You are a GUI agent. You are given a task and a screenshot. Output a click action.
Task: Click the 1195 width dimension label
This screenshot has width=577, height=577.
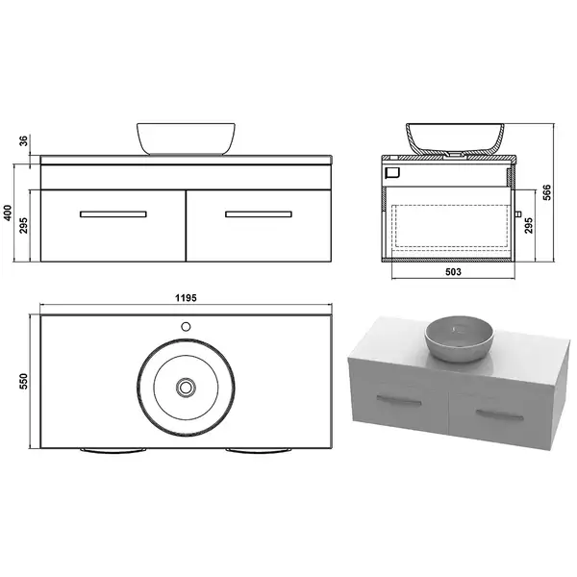coord(186,298)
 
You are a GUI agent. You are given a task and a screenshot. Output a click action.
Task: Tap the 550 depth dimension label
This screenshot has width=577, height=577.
coord(23,382)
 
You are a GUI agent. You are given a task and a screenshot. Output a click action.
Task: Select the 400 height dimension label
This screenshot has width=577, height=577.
coord(8,213)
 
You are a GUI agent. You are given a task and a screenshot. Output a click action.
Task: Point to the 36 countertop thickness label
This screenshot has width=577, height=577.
coord(23,141)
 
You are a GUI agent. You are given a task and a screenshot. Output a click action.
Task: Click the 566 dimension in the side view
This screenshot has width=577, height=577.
coord(547,192)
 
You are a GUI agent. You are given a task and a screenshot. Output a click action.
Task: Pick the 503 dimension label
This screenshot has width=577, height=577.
coord(453,272)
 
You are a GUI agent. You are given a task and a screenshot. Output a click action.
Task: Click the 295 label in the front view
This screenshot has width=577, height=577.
coord(23,226)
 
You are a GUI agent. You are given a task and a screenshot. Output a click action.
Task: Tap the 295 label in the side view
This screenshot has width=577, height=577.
coord(528,226)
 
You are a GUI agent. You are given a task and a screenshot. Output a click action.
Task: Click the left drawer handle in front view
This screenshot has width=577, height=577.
coord(113,214)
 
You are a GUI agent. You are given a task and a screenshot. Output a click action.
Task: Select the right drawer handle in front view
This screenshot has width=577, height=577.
coord(259,214)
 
